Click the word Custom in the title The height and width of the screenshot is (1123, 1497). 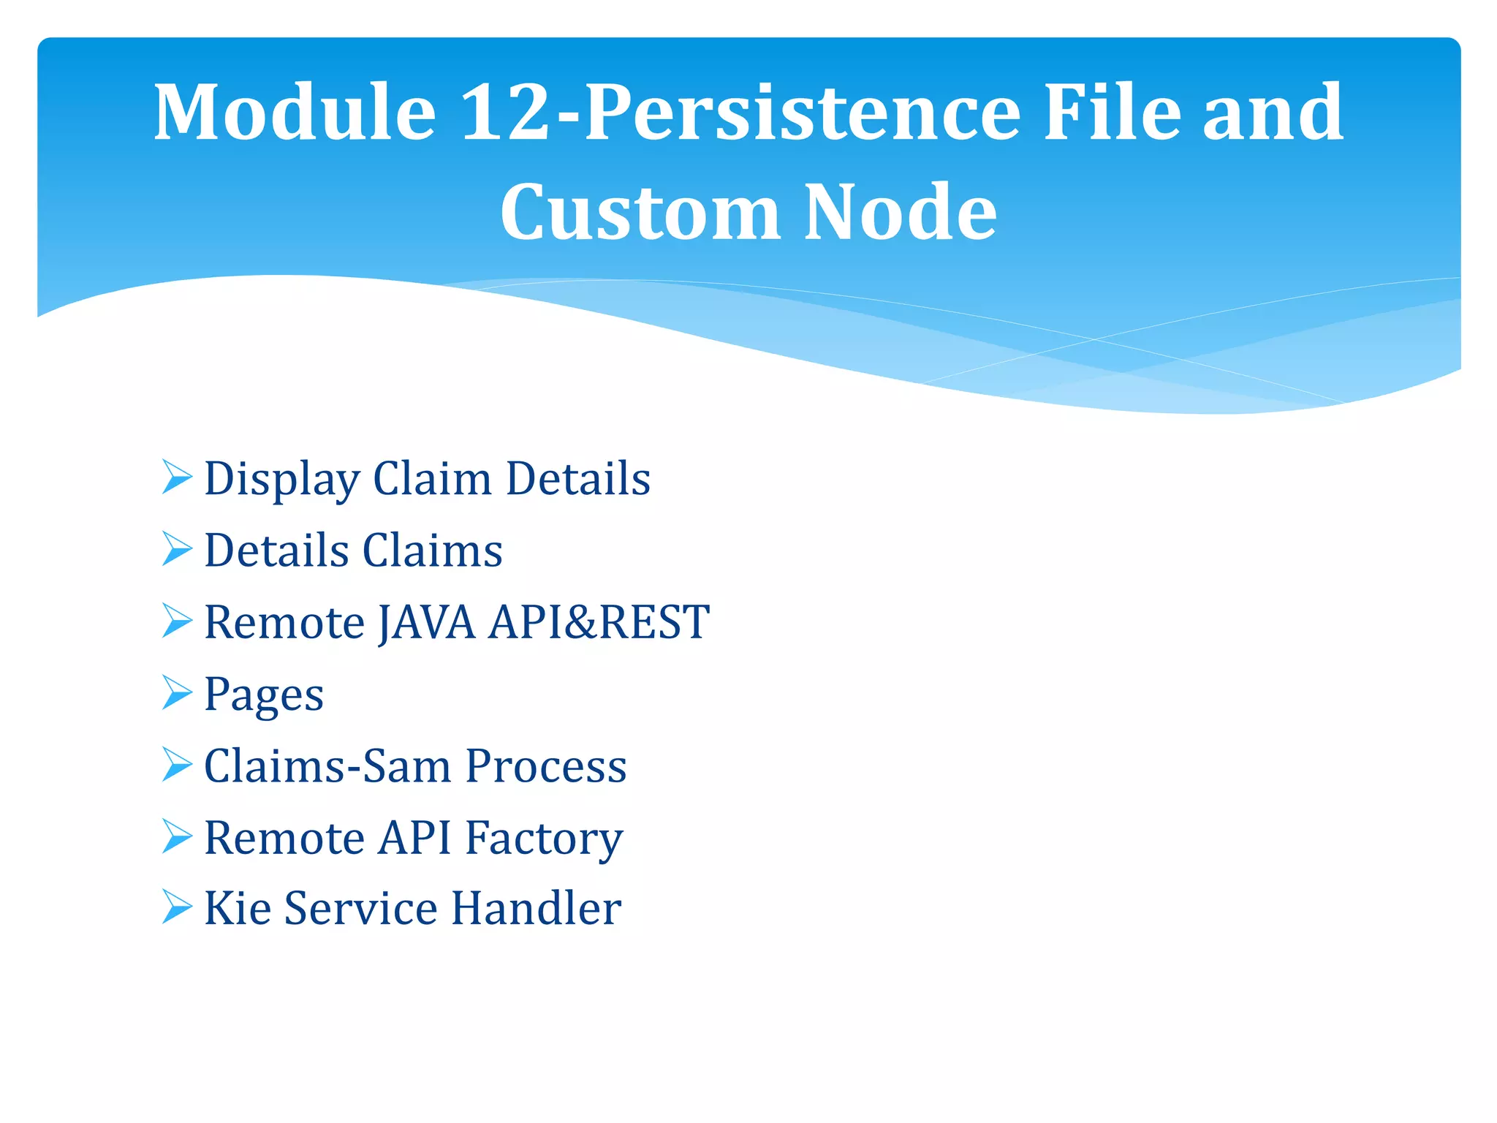(x=639, y=212)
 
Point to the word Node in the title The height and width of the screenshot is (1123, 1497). (x=901, y=212)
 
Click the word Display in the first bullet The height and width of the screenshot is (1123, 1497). (x=281, y=480)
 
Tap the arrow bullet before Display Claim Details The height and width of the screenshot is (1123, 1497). (x=177, y=477)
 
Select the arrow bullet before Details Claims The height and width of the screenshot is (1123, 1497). (x=177, y=549)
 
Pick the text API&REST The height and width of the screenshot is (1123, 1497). (x=599, y=622)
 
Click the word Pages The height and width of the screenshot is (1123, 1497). (x=264, y=695)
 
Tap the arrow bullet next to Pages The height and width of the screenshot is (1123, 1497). (x=177, y=692)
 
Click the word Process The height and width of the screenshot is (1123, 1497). (x=546, y=765)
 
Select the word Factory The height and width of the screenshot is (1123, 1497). (x=544, y=838)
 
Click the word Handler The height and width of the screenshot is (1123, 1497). (x=537, y=908)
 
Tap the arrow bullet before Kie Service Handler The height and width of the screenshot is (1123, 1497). (x=177, y=907)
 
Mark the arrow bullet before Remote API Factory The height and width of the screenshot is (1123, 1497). (x=177, y=836)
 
